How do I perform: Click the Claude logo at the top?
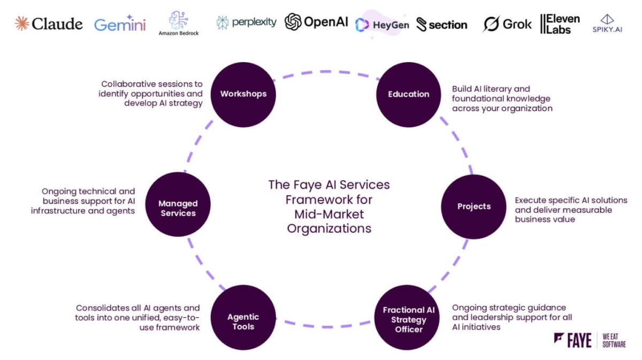pos(49,24)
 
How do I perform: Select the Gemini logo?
pos(120,25)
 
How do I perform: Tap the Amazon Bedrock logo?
pos(178,24)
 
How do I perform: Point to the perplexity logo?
pos(247,22)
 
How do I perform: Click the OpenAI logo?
pos(316,22)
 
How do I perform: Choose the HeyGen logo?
pos(382,25)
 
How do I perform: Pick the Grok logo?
pos(507,24)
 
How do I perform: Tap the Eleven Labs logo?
pos(560,24)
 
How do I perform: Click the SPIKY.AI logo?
pos(607,24)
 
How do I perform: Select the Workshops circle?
pos(243,94)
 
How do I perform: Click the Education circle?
pos(409,94)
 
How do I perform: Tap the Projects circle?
pos(473,206)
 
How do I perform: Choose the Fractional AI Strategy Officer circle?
pos(409,319)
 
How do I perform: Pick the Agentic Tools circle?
pos(243,321)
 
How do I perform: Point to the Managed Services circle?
pos(178,208)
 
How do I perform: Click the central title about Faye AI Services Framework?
pos(329,206)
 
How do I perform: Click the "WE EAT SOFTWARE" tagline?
pos(614,340)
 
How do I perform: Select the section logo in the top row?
pos(442,25)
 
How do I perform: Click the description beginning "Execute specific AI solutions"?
pos(571,210)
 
